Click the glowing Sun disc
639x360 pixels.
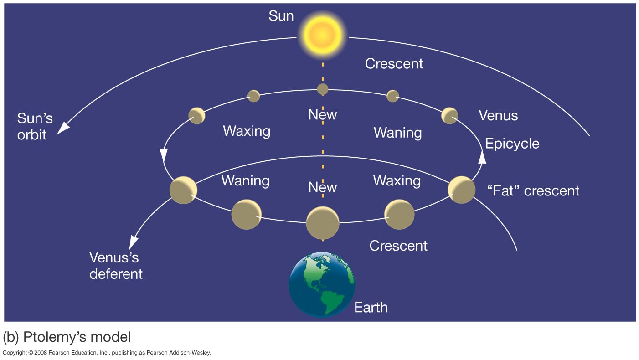[322, 35]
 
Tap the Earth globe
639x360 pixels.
[322, 284]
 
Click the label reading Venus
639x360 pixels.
[498, 116]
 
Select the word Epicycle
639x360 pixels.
[512, 144]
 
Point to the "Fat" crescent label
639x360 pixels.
[533, 190]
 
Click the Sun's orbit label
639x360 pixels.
[35, 126]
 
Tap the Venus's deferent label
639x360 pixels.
[116, 266]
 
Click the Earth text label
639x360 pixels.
[371, 308]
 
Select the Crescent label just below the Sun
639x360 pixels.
[394, 64]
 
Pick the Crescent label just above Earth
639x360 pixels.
[398, 246]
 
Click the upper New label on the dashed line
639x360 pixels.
[323, 115]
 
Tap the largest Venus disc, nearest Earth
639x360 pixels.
[323, 223]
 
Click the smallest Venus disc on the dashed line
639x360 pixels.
[323, 89]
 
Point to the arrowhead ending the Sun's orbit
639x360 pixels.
[63, 128]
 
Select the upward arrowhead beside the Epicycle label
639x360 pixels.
[482, 158]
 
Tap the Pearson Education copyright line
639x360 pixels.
[107, 353]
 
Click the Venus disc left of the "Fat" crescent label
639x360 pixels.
[462, 190]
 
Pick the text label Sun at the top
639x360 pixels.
[281, 16]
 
